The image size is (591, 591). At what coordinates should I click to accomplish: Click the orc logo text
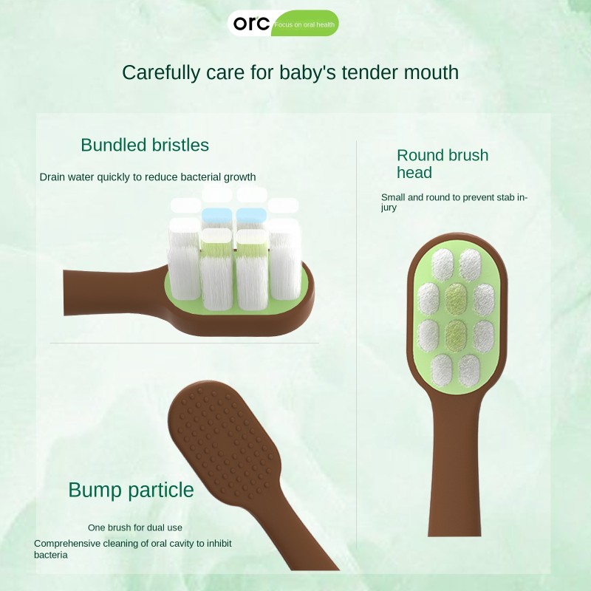tap(251, 23)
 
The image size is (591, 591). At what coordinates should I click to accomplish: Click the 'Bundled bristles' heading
tap(145, 145)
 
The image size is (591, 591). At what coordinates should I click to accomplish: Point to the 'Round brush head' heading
tap(442, 164)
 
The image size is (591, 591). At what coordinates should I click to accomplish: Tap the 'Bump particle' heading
tap(131, 490)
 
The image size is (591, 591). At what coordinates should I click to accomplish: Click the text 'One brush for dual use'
tap(135, 527)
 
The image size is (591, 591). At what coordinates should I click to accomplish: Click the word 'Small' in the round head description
tap(393, 197)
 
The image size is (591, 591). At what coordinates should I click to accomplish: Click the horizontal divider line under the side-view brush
tap(185, 343)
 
